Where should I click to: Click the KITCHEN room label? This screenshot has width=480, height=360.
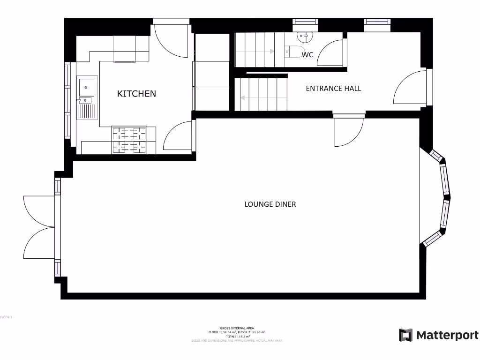coord(136,94)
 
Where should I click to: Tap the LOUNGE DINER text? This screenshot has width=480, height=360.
coord(270,204)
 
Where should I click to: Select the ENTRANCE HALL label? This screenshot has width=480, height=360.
coord(333,88)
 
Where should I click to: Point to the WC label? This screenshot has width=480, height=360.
coord(307,55)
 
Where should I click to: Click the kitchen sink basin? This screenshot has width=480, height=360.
coord(86,87)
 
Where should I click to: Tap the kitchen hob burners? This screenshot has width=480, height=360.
coord(128,140)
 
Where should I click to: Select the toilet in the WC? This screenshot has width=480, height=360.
coord(294,52)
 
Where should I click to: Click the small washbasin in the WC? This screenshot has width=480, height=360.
coord(303,36)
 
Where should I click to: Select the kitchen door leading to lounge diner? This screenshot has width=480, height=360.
coord(178,137)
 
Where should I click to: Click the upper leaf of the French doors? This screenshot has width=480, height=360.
coord(38,210)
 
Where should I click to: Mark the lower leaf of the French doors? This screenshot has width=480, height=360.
coord(38,243)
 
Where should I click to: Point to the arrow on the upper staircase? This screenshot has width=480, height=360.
coord(255,51)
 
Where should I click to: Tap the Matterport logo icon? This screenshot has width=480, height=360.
coord(405,335)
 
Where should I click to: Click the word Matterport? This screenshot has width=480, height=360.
coord(447,335)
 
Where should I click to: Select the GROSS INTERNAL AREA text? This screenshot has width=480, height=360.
coord(237,328)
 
